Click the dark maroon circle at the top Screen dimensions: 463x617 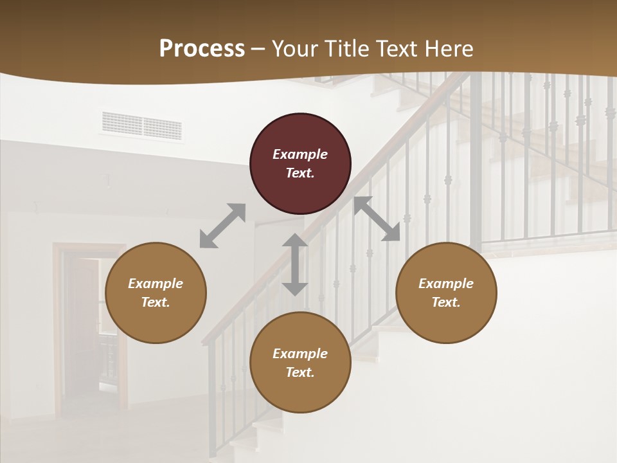tap(300, 164)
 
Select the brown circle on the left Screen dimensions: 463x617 tap(156, 293)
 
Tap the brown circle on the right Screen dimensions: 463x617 tap(446, 293)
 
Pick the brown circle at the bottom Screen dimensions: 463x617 tap(300, 363)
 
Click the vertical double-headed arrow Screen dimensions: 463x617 tap(295, 264)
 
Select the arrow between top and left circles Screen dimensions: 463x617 tap(222, 226)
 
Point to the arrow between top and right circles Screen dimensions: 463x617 tap(377, 219)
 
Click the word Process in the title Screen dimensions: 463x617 tap(202, 49)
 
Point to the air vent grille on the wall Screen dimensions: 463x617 tap(141, 126)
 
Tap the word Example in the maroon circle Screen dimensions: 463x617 tap(300, 154)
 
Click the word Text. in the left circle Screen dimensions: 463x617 tap(156, 302)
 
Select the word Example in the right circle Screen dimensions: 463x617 tap(446, 284)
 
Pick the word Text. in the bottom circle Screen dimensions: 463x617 tap(300, 372)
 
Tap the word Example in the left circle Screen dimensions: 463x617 tap(156, 284)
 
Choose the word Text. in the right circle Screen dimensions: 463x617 tap(446, 302)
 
